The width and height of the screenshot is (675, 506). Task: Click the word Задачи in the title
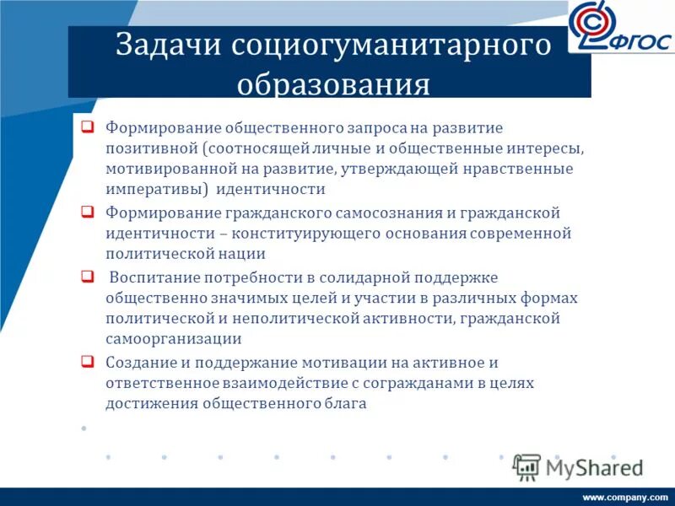[x=168, y=46]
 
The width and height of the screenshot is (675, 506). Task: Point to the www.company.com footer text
[x=625, y=498]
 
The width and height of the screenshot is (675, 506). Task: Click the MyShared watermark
[x=579, y=467]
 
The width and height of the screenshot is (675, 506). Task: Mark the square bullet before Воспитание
[x=87, y=276]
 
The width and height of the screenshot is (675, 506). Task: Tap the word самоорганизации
[x=174, y=338]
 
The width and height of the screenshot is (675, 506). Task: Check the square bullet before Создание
[x=87, y=361]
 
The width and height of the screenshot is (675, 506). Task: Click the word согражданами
[x=421, y=383]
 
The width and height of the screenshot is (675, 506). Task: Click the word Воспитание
[x=150, y=277]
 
